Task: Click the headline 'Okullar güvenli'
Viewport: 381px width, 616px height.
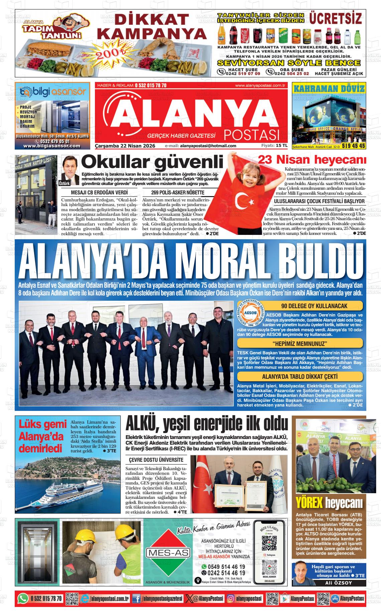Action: click(x=152, y=162)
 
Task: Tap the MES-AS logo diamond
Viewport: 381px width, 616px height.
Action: click(x=167, y=552)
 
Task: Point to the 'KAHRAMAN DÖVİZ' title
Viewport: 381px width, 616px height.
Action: click(x=329, y=89)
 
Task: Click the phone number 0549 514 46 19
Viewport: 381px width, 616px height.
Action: click(x=226, y=567)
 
